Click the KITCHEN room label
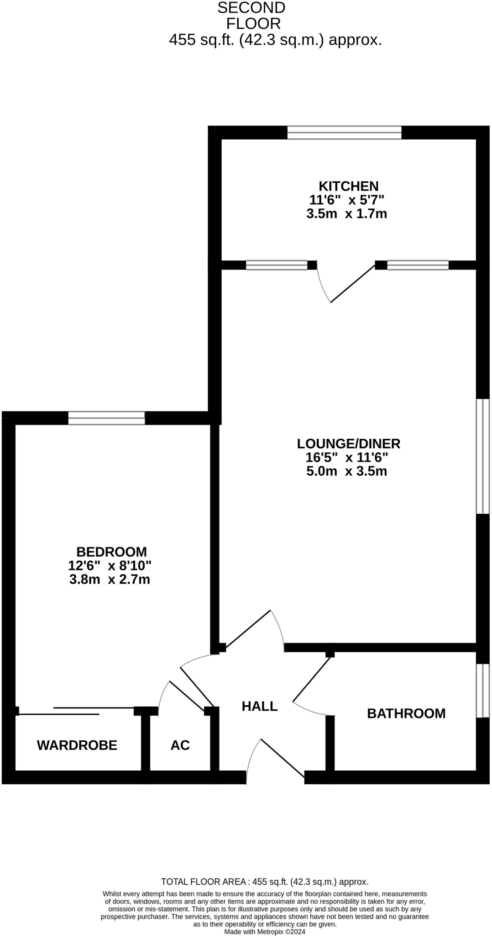pyautogui.click(x=348, y=186)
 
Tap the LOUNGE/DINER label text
pyautogui.click(x=348, y=443)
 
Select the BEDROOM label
pyautogui.click(x=111, y=552)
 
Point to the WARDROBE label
pyautogui.click(x=77, y=745)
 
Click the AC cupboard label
pyautogui.click(x=180, y=745)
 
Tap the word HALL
pyautogui.click(x=259, y=706)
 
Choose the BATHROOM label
pyautogui.click(x=406, y=713)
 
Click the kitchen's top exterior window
pyautogui.click(x=344, y=133)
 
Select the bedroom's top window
pyautogui.click(x=106, y=418)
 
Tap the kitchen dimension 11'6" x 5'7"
pyautogui.click(x=347, y=200)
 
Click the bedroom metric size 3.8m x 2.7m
pyautogui.click(x=110, y=580)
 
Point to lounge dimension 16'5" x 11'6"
pyautogui.click(x=347, y=457)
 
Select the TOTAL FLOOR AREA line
pyautogui.click(x=265, y=882)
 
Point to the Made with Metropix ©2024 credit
pyautogui.click(x=265, y=931)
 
